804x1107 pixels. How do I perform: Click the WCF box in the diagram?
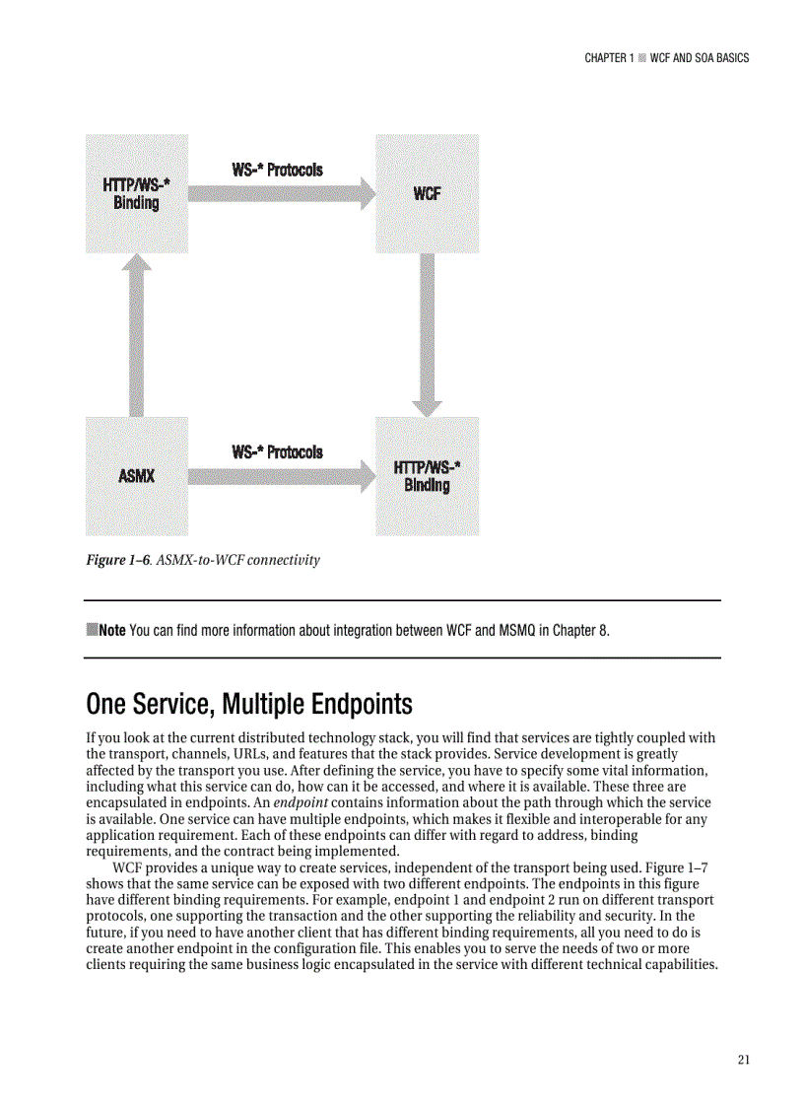(x=427, y=193)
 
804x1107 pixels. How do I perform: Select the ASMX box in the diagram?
(x=136, y=476)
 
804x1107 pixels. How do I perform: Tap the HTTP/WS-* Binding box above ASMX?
(x=136, y=193)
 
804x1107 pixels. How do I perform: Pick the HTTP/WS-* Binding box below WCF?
(x=427, y=476)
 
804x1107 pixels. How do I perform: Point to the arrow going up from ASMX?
(x=137, y=335)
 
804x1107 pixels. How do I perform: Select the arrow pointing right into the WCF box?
(x=281, y=193)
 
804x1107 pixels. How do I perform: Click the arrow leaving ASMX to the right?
(x=281, y=477)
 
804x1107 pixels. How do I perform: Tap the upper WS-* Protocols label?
(x=277, y=170)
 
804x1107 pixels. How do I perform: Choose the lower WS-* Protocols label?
(x=277, y=452)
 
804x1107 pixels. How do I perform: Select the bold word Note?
(x=110, y=630)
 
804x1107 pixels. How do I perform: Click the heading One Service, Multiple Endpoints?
(x=248, y=705)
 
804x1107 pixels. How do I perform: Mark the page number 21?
(x=743, y=1060)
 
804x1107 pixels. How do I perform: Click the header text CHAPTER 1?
(x=608, y=58)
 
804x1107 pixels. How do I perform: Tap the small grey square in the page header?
(x=641, y=58)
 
